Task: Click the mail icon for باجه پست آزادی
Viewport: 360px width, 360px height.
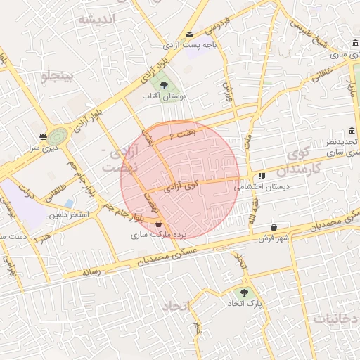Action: click(190, 35)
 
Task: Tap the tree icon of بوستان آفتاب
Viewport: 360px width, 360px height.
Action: click(164, 86)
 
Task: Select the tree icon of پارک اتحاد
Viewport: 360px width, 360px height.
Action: click(244, 292)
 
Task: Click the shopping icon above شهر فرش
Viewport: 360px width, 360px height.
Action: click(274, 228)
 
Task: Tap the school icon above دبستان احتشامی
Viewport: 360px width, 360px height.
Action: click(262, 176)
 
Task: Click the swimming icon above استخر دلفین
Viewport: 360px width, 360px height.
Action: click(68, 204)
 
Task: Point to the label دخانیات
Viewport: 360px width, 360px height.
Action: click(335, 318)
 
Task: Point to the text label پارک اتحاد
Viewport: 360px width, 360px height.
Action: click(244, 304)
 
